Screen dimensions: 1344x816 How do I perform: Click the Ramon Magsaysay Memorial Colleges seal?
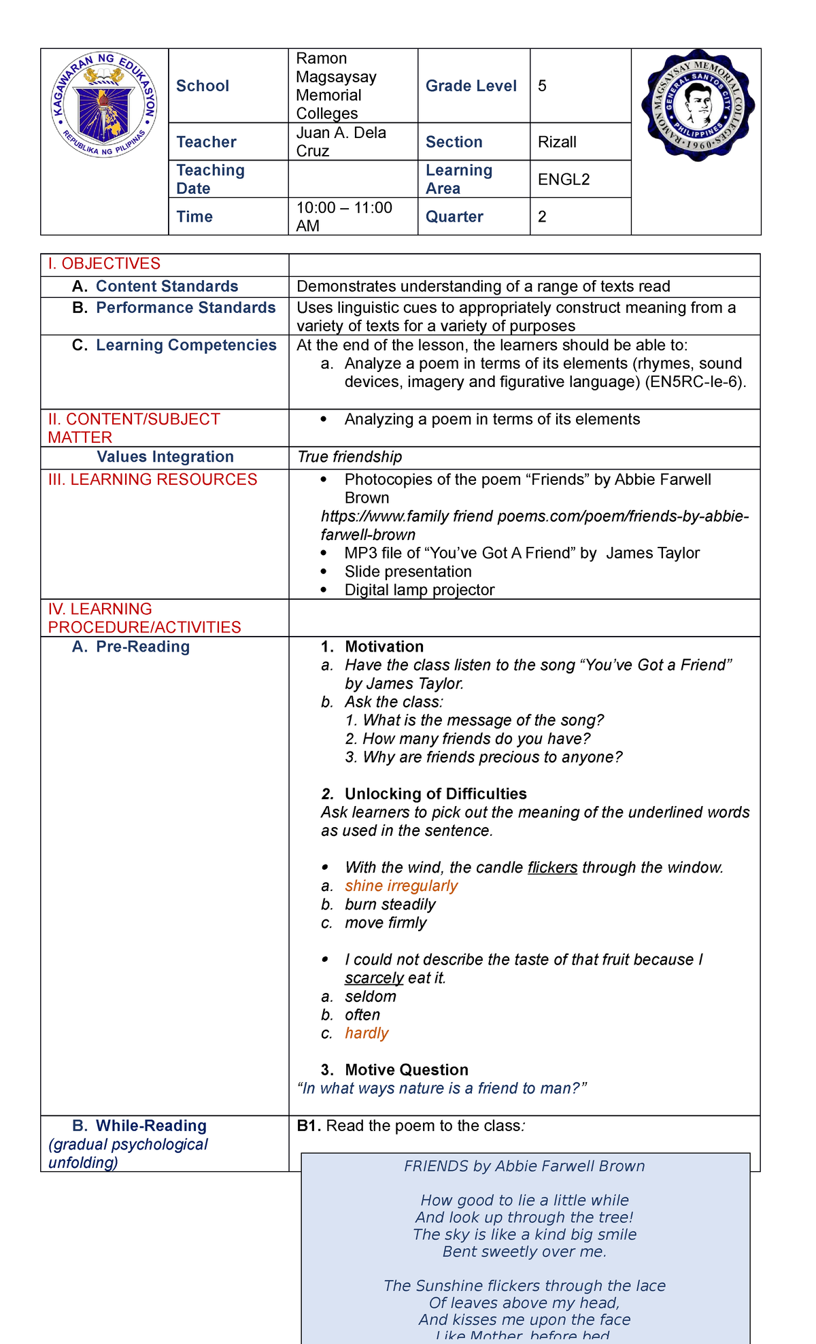pos(697,105)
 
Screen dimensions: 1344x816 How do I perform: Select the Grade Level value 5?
pos(542,86)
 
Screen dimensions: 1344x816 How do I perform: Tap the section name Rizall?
pos(557,142)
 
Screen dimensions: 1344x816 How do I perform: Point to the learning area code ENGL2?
pos(564,180)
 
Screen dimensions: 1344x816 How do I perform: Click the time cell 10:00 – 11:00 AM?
pos(344,216)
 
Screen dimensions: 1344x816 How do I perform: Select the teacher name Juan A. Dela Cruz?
pos(341,141)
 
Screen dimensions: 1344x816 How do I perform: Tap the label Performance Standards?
pos(186,308)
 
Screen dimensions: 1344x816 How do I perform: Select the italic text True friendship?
pos(350,457)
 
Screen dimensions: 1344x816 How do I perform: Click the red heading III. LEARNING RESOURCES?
pos(152,480)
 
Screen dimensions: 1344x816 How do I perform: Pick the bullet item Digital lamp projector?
pos(419,590)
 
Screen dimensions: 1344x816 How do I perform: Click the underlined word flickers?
pos(552,868)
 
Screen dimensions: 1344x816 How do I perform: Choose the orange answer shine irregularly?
pos(401,886)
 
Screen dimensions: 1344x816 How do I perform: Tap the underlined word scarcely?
pos(374,978)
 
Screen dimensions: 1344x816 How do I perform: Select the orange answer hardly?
pos(367,1033)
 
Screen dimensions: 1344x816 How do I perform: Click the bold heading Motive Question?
pos(406,1070)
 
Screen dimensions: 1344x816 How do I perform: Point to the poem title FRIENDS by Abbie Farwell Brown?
pos(524,1166)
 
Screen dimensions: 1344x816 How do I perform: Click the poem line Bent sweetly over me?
pos(524,1251)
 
